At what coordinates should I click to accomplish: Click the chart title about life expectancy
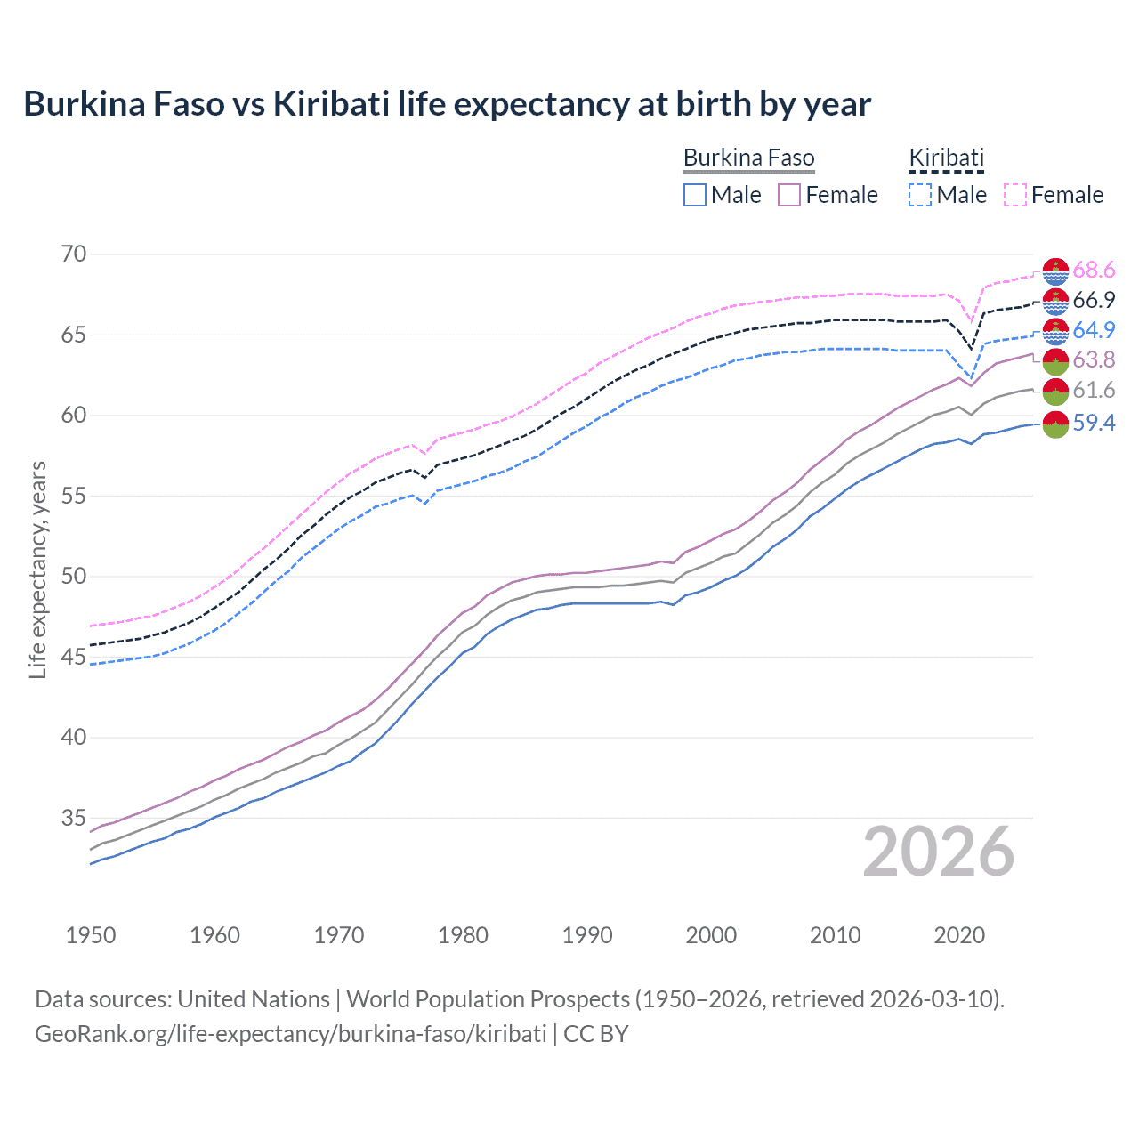(x=447, y=104)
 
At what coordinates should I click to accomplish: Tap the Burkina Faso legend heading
(x=748, y=158)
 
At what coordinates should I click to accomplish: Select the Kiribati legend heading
(x=946, y=158)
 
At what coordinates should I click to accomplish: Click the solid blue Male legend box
(x=695, y=195)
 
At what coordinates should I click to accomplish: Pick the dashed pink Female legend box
(x=1015, y=195)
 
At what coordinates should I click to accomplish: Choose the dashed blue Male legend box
(x=920, y=195)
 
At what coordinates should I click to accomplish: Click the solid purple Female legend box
(x=789, y=195)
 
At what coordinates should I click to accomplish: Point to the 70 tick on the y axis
(x=74, y=254)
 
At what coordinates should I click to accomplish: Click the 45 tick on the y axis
(x=74, y=657)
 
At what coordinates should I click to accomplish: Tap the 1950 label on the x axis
(x=91, y=935)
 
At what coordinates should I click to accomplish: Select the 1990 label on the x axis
(x=587, y=935)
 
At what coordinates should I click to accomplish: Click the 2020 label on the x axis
(x=959, y=935)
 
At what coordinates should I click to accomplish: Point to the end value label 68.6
(x=1094, y=271)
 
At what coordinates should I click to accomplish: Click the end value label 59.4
(x=1094, y=424)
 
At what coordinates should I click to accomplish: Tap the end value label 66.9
(x=1094, y=301)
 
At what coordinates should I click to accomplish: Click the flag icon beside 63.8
(x=1055, y=360)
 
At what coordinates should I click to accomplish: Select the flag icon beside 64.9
(x=1055, y=331)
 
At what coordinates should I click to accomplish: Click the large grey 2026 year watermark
(x=938, y=852)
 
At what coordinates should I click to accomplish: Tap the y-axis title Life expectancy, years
(x=38, y=569)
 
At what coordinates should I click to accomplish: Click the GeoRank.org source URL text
(x=290, y=1034)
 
